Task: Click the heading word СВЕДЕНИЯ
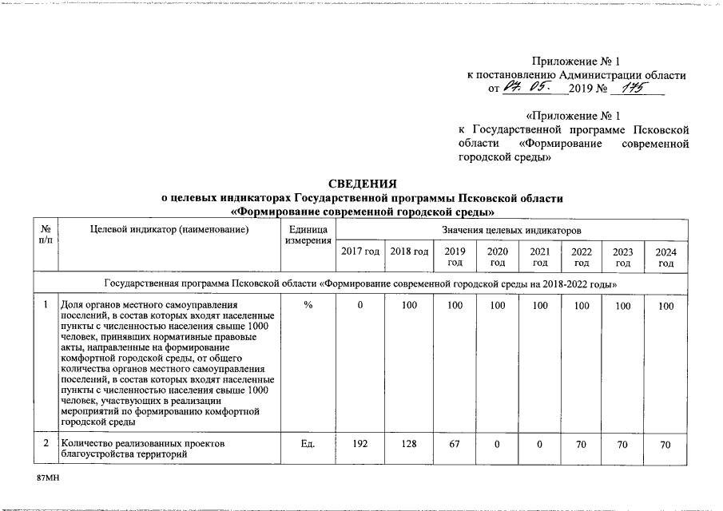point(363,184)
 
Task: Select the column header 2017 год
point(360,252)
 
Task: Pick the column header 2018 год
point(410,252)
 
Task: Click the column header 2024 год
point(665,256)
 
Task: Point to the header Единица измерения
point(308,235)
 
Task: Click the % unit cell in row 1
point(308,306)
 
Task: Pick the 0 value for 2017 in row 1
point(360,306)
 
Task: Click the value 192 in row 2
point(360,444)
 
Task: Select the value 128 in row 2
point(410,444)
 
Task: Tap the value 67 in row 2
point(455,444)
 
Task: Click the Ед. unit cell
point(308,444)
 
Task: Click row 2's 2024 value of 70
point(665,444)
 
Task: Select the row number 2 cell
point(46,443)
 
